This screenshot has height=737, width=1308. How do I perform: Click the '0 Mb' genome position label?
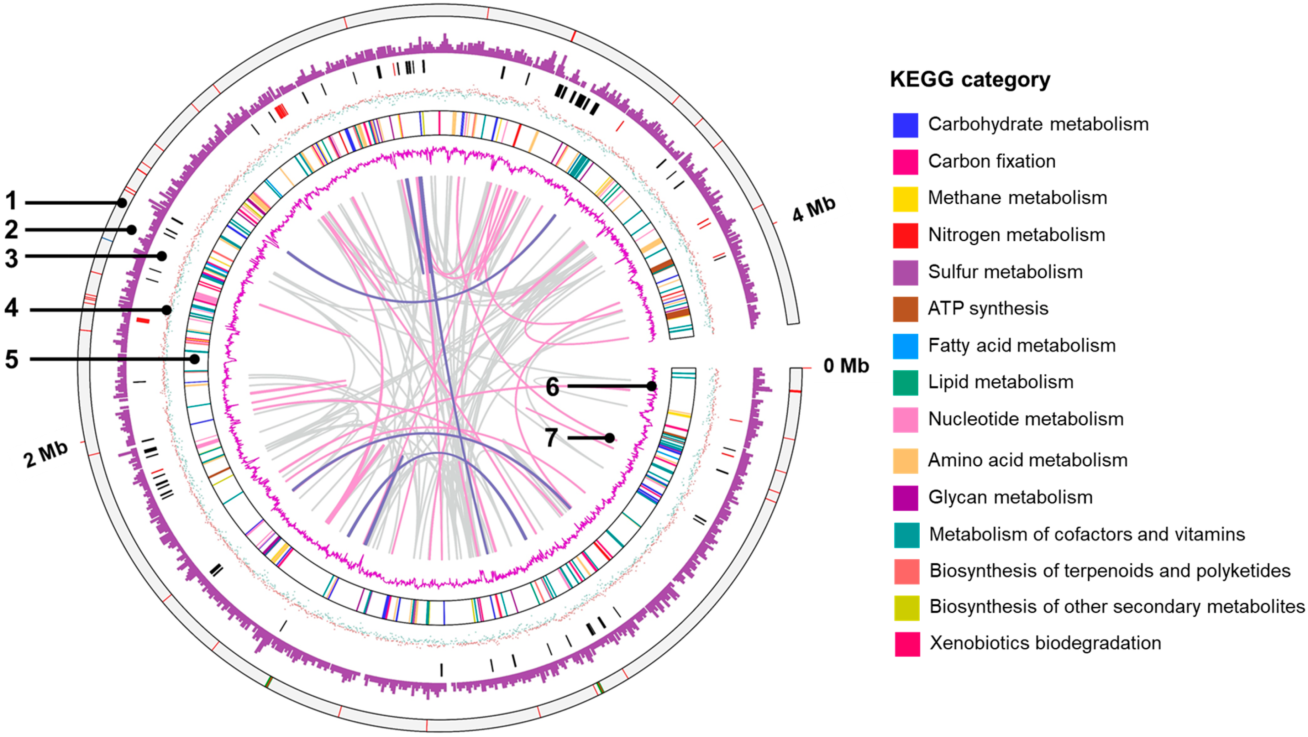846,366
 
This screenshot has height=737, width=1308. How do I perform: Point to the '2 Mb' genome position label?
46,454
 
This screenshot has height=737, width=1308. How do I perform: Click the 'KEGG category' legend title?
970,80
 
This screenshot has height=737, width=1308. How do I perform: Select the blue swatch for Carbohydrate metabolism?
905,125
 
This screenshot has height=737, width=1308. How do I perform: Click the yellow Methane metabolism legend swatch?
905,199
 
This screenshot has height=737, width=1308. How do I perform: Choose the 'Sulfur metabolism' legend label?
1005,272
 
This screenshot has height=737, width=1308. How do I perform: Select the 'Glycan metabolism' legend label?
1010,497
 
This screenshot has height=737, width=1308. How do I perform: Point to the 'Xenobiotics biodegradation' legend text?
1045,643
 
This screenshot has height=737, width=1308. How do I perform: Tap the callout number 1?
11,201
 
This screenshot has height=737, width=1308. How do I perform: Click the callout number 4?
11,308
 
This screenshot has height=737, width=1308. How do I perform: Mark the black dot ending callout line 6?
651,386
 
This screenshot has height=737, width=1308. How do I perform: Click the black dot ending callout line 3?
162,256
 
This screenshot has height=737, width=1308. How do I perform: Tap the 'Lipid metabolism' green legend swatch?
905,382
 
